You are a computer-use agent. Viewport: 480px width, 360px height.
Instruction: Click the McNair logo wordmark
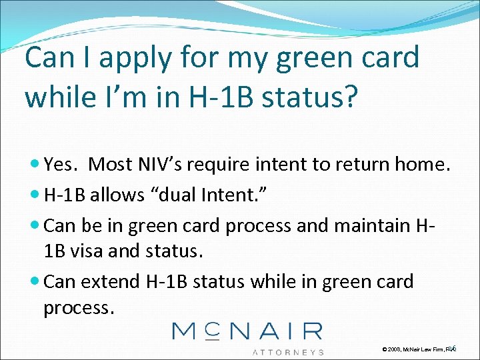point(247,331)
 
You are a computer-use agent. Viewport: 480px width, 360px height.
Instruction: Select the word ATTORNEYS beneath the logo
point(287,351)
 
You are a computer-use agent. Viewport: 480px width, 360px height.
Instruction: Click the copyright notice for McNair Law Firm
point(417,349)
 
